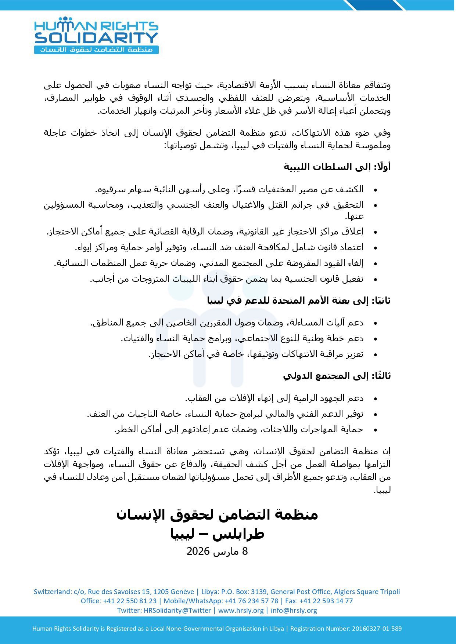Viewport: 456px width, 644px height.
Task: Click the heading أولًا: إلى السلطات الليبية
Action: (x=337, y=167)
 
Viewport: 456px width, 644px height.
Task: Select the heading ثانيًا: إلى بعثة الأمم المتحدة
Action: (x=299, y=301)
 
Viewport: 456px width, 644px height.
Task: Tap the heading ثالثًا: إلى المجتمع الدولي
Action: (x=337, y=376)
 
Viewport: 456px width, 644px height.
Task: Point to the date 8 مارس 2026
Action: (x=217, y=551)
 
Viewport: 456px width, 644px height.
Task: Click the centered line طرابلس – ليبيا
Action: (x=217, y=534)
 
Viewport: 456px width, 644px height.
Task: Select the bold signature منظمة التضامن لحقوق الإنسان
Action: (x=217, y=515)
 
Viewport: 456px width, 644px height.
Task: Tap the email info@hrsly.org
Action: (x=294, y=610)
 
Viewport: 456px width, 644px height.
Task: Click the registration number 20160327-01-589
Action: (x=377, y=629)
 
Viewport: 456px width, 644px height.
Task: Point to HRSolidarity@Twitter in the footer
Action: (x=177, y=610)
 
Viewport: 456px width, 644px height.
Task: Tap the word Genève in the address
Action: (x=182, y=592)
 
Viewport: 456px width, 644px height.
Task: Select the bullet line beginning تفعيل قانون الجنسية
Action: (x=227, y=279)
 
